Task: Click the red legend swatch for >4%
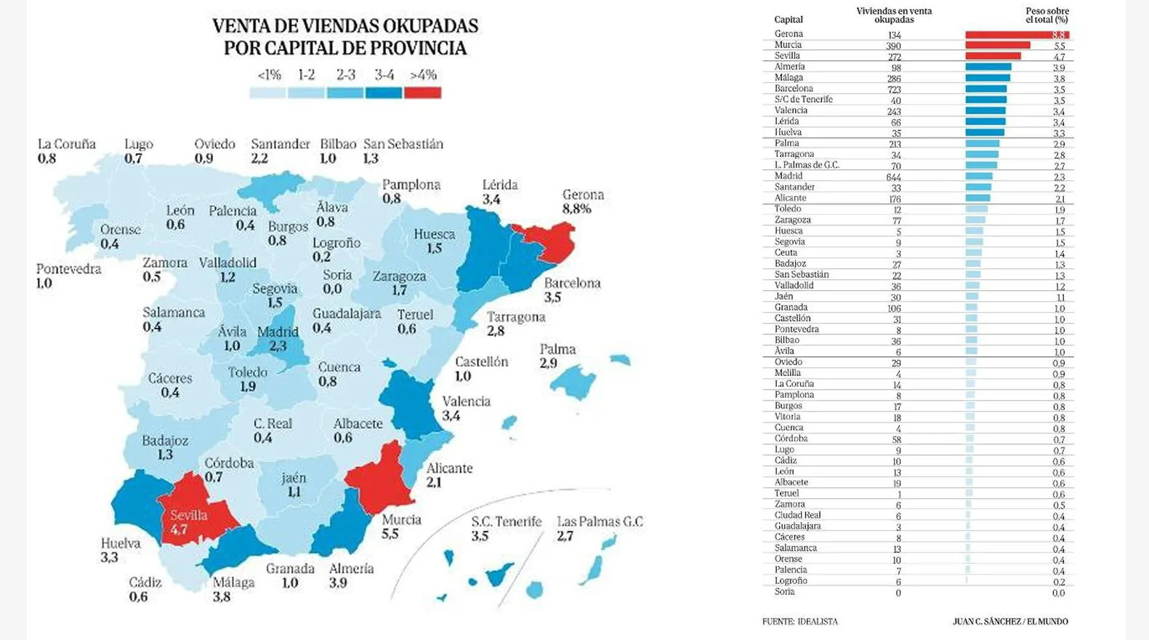(x=422, y=93)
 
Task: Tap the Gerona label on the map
(x=583, y=195)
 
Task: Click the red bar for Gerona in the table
(x=1016, y=35)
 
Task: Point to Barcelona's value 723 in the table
(x=894, y=89)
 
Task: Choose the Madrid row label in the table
(x=789, y=176)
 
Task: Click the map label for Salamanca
(x=174, y=313)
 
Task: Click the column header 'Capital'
(x=789, y=20)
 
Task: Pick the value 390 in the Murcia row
(x=893, y=46)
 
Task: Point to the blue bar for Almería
(x=988, y=68)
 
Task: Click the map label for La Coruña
(x=67, y=145)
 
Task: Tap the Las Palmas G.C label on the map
(x=600, y=521)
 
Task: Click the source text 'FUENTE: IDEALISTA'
(x=799, y=622)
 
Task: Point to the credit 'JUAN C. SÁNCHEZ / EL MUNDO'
(x=1010, y=622)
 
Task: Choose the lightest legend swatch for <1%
(x=267, y=93)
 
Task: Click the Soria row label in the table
(x=784, y=592)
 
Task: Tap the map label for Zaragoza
(x=399, y=276)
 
